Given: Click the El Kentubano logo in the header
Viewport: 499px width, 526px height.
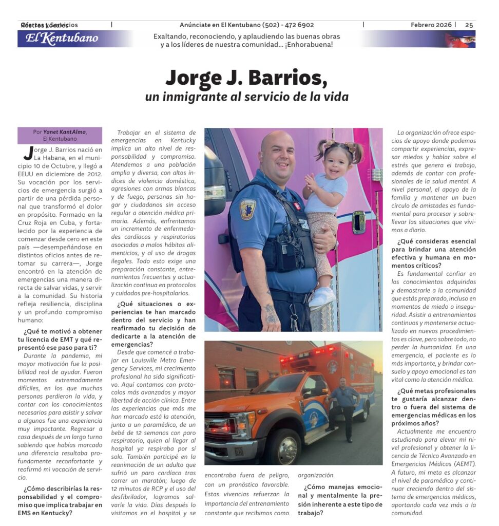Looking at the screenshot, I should (62, 39).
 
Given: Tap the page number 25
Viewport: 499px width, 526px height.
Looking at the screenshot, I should (469, 25).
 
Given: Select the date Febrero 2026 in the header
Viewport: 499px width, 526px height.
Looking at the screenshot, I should (431, 25).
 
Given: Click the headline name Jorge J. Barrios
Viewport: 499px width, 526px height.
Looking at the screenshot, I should (246, 78).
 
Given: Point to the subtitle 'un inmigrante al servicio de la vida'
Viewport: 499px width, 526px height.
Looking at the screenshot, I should (246, 97).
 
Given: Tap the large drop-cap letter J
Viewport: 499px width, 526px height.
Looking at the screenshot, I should (28, 153).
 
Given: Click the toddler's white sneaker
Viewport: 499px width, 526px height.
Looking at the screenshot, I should (322, 297).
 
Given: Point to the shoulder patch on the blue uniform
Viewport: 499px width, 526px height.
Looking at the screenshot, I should (248, 209).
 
